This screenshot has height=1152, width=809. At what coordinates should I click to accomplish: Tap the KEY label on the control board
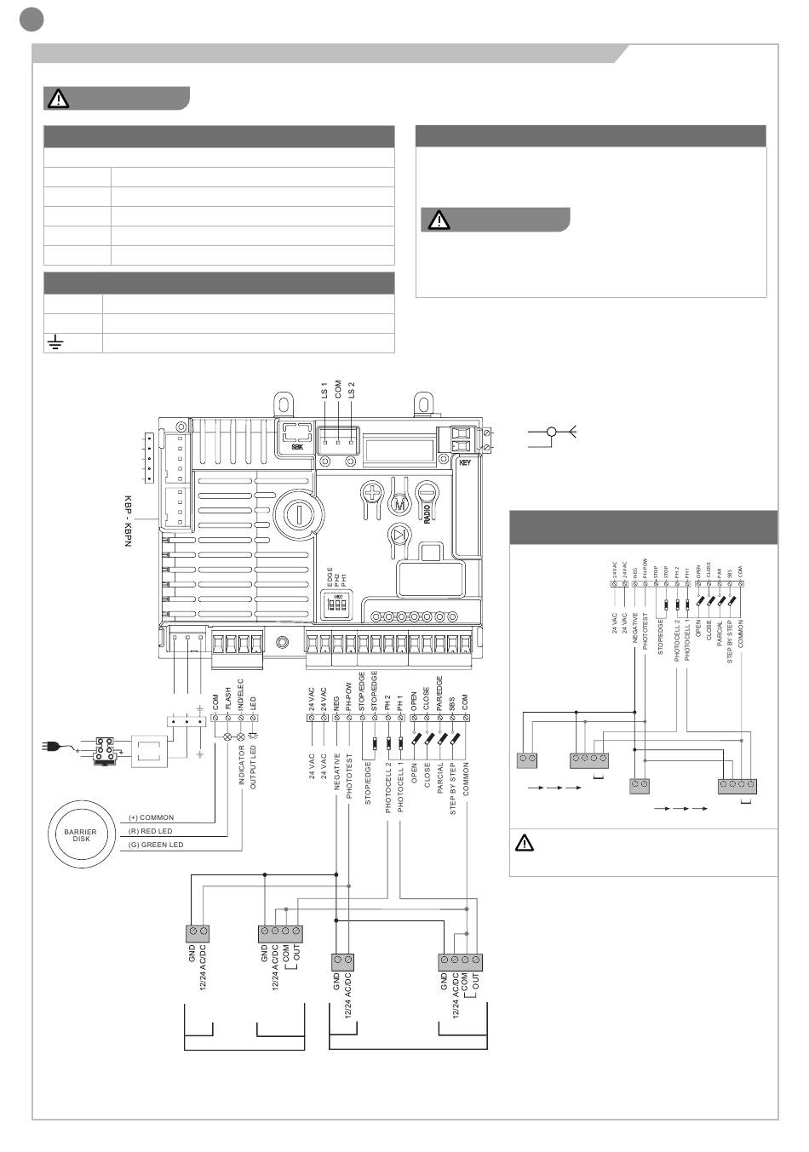(x=465, y=462)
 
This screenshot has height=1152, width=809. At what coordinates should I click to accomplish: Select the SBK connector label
(x=297, y=447)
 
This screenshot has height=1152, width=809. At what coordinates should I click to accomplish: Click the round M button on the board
(x=399, y=504)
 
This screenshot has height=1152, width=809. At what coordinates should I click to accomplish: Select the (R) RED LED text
(x=150, y=831)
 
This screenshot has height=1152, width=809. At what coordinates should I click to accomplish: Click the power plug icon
(x=51, y=748)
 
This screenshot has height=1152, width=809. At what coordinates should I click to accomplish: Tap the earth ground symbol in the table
(x=56, y=343)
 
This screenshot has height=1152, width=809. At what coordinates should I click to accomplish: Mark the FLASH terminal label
(x=227, y=699)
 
